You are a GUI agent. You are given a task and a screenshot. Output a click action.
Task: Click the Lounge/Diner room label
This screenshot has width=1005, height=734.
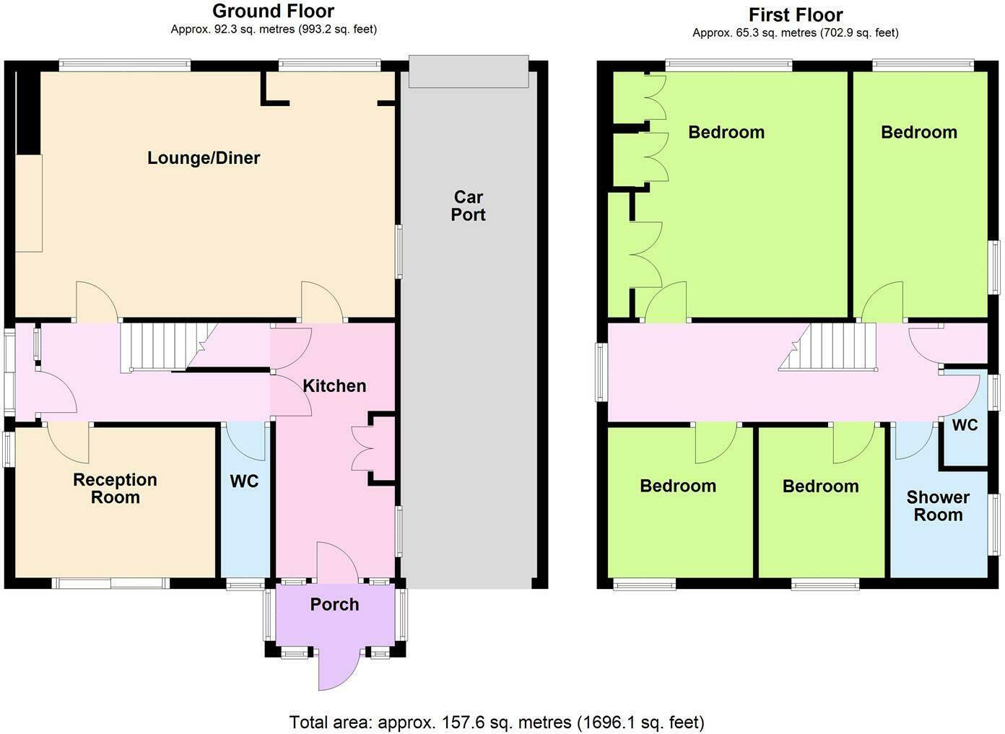coord(204,158)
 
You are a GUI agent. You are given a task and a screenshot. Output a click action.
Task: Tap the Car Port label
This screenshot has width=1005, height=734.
coord(468,206)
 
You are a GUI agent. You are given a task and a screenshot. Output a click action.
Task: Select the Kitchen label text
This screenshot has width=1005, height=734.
coord(334,386)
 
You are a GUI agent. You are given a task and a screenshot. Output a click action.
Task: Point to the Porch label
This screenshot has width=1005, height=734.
coord(334,605)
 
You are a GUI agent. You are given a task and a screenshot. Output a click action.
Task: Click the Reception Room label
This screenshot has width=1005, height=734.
coord(115,489)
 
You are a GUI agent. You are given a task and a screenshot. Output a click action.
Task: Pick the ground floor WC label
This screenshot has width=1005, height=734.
coord(244,481)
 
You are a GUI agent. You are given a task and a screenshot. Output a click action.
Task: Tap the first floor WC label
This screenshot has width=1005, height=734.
coord(965,425)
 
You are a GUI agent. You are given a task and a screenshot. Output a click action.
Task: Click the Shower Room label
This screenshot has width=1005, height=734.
coord(938,506)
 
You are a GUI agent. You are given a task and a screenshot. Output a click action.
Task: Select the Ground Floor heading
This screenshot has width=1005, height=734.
coord(273,12)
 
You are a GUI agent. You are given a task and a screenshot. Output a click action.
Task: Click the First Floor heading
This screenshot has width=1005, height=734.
coord(795,15)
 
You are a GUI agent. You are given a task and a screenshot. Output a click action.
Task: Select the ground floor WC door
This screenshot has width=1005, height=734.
coord(245,440)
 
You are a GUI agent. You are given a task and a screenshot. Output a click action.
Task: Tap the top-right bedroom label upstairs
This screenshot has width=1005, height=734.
coord(918,132)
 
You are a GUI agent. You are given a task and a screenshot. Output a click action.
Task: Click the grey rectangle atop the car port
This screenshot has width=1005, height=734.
coord(469,71)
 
